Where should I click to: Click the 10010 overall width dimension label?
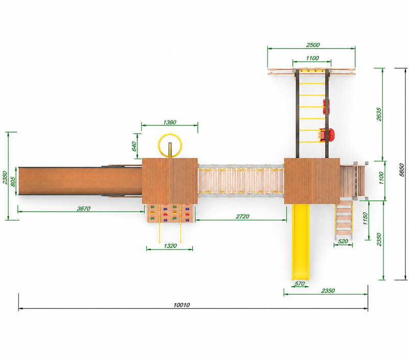pos(182,305)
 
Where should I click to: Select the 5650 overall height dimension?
pos(402,170)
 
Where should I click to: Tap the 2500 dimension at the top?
pos(313,45)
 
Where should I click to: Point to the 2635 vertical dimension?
pos(379,114)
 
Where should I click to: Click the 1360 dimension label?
pos(170,122)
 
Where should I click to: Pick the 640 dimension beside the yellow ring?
pos(134,146)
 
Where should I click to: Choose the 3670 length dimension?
pos(83,209)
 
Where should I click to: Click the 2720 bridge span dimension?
pos(242,216)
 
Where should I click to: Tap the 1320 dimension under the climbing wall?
pos(170,246)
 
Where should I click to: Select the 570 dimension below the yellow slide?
pos(300,284)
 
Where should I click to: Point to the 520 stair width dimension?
pos(343,241)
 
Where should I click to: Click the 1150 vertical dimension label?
pos(365,219)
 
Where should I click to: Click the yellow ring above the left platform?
pos(170,134)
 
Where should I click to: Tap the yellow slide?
pos(300,242)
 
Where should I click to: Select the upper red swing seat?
pos(326,106)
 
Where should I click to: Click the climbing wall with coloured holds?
pos(170,213)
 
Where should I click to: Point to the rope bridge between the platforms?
pos(240,181)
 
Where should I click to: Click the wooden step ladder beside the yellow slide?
pos(344,220)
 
